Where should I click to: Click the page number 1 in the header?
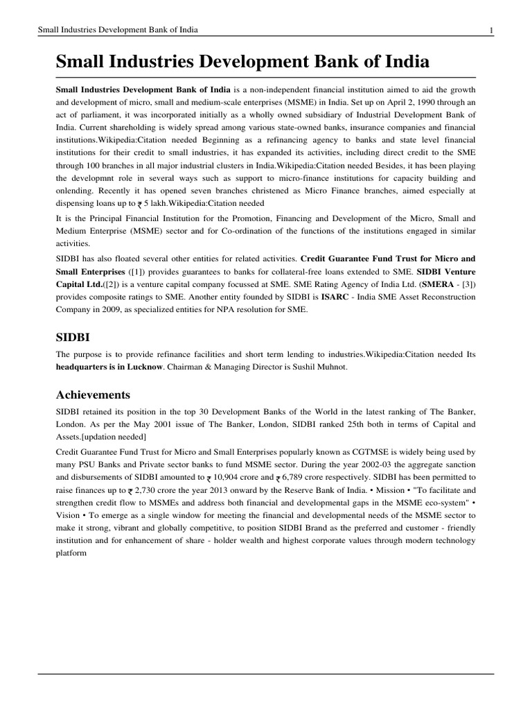pyautogui.click(x=491, y=30)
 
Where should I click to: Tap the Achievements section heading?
pyautogui.click(x=92, y=395)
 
